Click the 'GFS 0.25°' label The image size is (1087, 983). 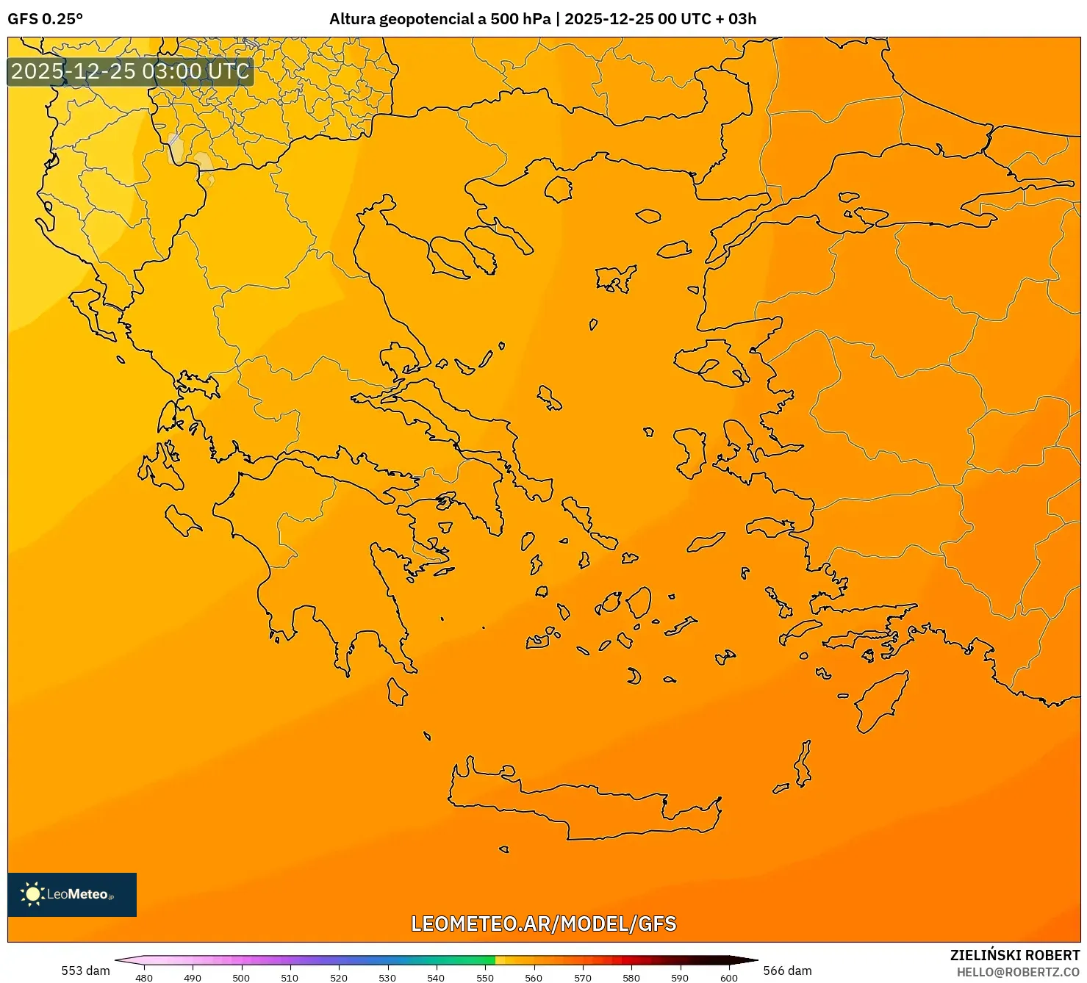coord(46,19)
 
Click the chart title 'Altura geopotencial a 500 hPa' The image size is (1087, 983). coord(440,19)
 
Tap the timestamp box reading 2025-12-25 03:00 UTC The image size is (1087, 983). coord(130,72)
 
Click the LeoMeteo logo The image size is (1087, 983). coord(72,894)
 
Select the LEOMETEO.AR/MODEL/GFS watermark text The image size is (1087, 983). coord(543,923)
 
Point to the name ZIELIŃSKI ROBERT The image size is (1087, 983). coord(1014,955)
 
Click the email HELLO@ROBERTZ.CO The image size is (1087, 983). coord(1018,972)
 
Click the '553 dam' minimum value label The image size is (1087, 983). coord(85,971)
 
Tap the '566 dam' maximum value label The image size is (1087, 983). coord(787,971)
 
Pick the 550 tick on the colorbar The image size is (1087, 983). coord(485,978)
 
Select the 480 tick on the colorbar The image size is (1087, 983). coord(144,978)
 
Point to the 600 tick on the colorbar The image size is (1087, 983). coord(728,978)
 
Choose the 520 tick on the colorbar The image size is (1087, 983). coord(339,978)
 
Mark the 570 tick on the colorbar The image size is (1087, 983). coord(583,978)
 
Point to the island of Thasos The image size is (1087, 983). coord(558,189)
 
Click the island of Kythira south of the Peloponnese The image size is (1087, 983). coord(397,692)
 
